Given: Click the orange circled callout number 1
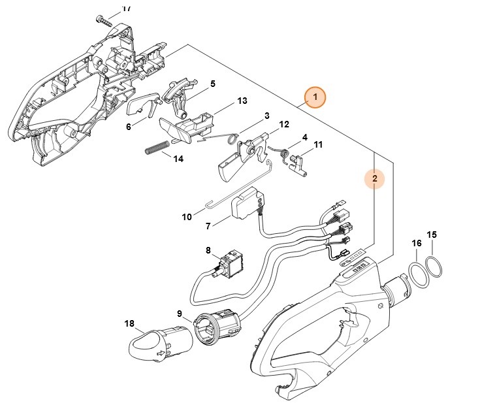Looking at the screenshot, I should tap(315, 97).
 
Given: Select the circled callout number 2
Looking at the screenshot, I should tap(374, 178).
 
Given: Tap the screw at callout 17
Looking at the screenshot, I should tap(104, 20).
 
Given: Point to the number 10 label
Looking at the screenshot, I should tap(187, 216).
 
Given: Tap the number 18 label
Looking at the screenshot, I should tap(129, 323).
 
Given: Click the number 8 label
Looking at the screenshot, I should tap(208, 250).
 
